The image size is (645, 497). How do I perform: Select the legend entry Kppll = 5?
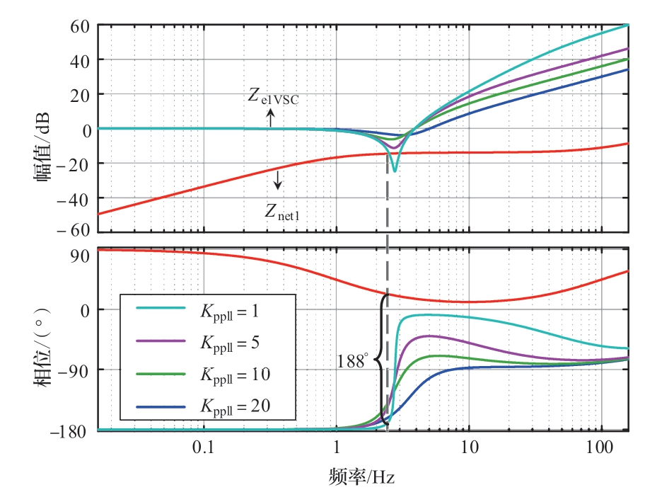point(231,341)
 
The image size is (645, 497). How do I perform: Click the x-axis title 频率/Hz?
point(361,476)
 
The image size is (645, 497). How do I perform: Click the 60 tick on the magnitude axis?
point(76,26)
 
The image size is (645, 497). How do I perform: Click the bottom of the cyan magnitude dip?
point(395,171)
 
